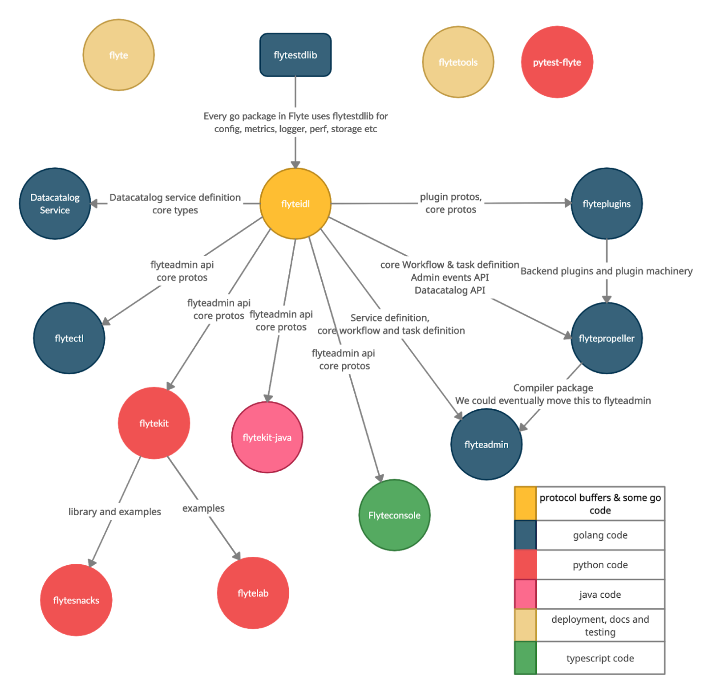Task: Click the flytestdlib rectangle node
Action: pyautogui.click(x=295, y=55)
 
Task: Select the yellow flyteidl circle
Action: pyautogui.click(x=295, y=204)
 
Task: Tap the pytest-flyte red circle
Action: pyautogui.click(x=557, y=62)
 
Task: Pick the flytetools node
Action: pyautogui.click(x=458, y=62)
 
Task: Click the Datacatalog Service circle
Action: pyautogui.click(x=55, y=204)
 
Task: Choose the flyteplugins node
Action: pyautogui.click(x=606, y=204)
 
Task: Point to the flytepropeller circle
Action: pyautogui.click(x=606, y=338)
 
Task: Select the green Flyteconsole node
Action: pyautogui.click(x=394, y=515)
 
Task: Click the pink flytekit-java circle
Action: pyautogui.click(x=267, y=437)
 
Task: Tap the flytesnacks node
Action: pyautogui.click(x=76, y=600)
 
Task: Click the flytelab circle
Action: pyautogui.click(x=253, y=593)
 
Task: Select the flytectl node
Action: pyautogui.click(x=69, y=338)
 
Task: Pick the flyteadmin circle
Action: pyautogui.click(x=486, y=444)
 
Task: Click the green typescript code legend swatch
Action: pyautogui.click(x=525, y=657)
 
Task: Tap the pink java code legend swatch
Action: pyautogui.click(x=525, y=594)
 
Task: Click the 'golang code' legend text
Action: pyautogui.click(x=600, y=535)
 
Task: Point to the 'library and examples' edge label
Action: pyautogui.click(x=114, y=511)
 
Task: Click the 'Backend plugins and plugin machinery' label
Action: pyautogui.click(x=606, y=271)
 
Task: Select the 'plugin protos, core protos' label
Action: pyautogui.click(x=450, y=203)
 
